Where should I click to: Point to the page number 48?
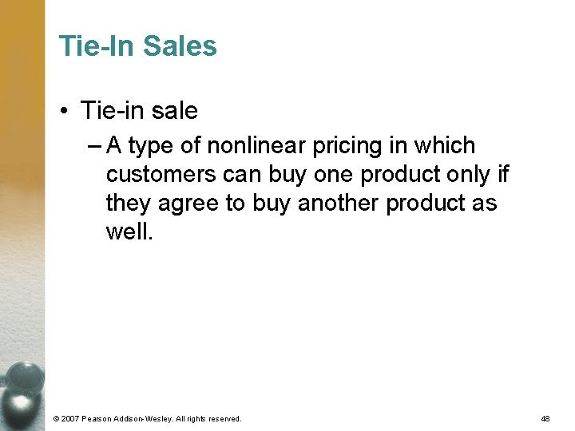click(545, 418)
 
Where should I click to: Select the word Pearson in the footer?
click(102, 418)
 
